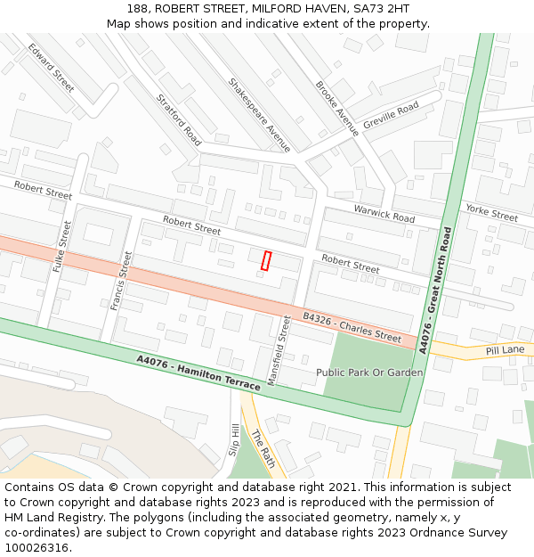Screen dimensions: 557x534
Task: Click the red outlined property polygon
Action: [265, 260]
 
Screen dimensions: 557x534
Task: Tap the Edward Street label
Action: [52, 68]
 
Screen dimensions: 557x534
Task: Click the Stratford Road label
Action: [179, 120]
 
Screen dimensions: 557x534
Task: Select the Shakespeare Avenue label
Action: [259, 115]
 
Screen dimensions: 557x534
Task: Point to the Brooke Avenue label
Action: [337, 108]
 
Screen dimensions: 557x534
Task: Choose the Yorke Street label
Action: [491, 212]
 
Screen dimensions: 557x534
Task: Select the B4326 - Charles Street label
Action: [352, 327]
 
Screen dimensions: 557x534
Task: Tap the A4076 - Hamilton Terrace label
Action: [198, 373]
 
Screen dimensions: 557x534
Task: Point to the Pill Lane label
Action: [506, 350]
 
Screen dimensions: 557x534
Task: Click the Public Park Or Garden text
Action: [369, 372]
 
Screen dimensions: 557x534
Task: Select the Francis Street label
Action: [121, 280]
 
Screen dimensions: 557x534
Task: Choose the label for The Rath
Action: [263, 449]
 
